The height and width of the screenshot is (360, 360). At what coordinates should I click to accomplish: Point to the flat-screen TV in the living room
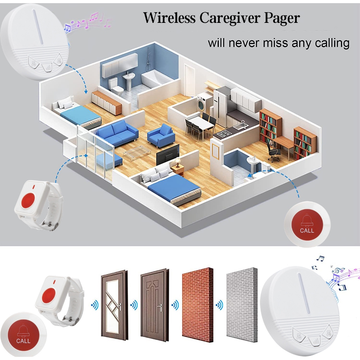click(168, 155)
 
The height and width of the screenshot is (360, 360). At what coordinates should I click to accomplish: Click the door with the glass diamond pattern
click(114, 305)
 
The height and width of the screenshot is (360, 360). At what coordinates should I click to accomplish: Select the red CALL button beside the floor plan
click(307, 224)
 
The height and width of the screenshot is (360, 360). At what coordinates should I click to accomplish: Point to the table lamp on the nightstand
click(177, 162)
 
